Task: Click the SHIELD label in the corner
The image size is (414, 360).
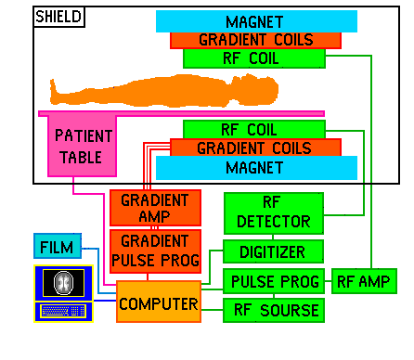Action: pos(58,18)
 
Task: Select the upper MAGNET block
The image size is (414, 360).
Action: pos(256,21)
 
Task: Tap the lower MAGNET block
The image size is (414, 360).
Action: pos(256,168)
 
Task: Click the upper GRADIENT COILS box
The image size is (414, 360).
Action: pos(255,41)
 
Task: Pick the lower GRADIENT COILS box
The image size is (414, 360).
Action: pos(255,148)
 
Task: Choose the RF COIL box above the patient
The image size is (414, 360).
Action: pos(254,58)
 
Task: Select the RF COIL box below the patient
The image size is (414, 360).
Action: pos(254,129)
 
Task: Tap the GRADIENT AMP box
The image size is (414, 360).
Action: pos(149,208)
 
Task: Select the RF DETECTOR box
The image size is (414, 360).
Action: pos(273,213)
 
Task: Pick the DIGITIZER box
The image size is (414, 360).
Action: pos(273,251)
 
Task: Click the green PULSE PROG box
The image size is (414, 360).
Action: pos(273,281)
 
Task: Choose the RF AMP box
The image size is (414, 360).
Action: pos(364,281)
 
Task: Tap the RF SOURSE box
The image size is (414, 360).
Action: pos(273,310)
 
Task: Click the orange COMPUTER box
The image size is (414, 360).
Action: pos(158,302)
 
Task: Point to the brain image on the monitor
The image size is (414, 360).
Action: pos(65,282)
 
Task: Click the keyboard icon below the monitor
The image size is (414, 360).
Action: pos(64,311)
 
